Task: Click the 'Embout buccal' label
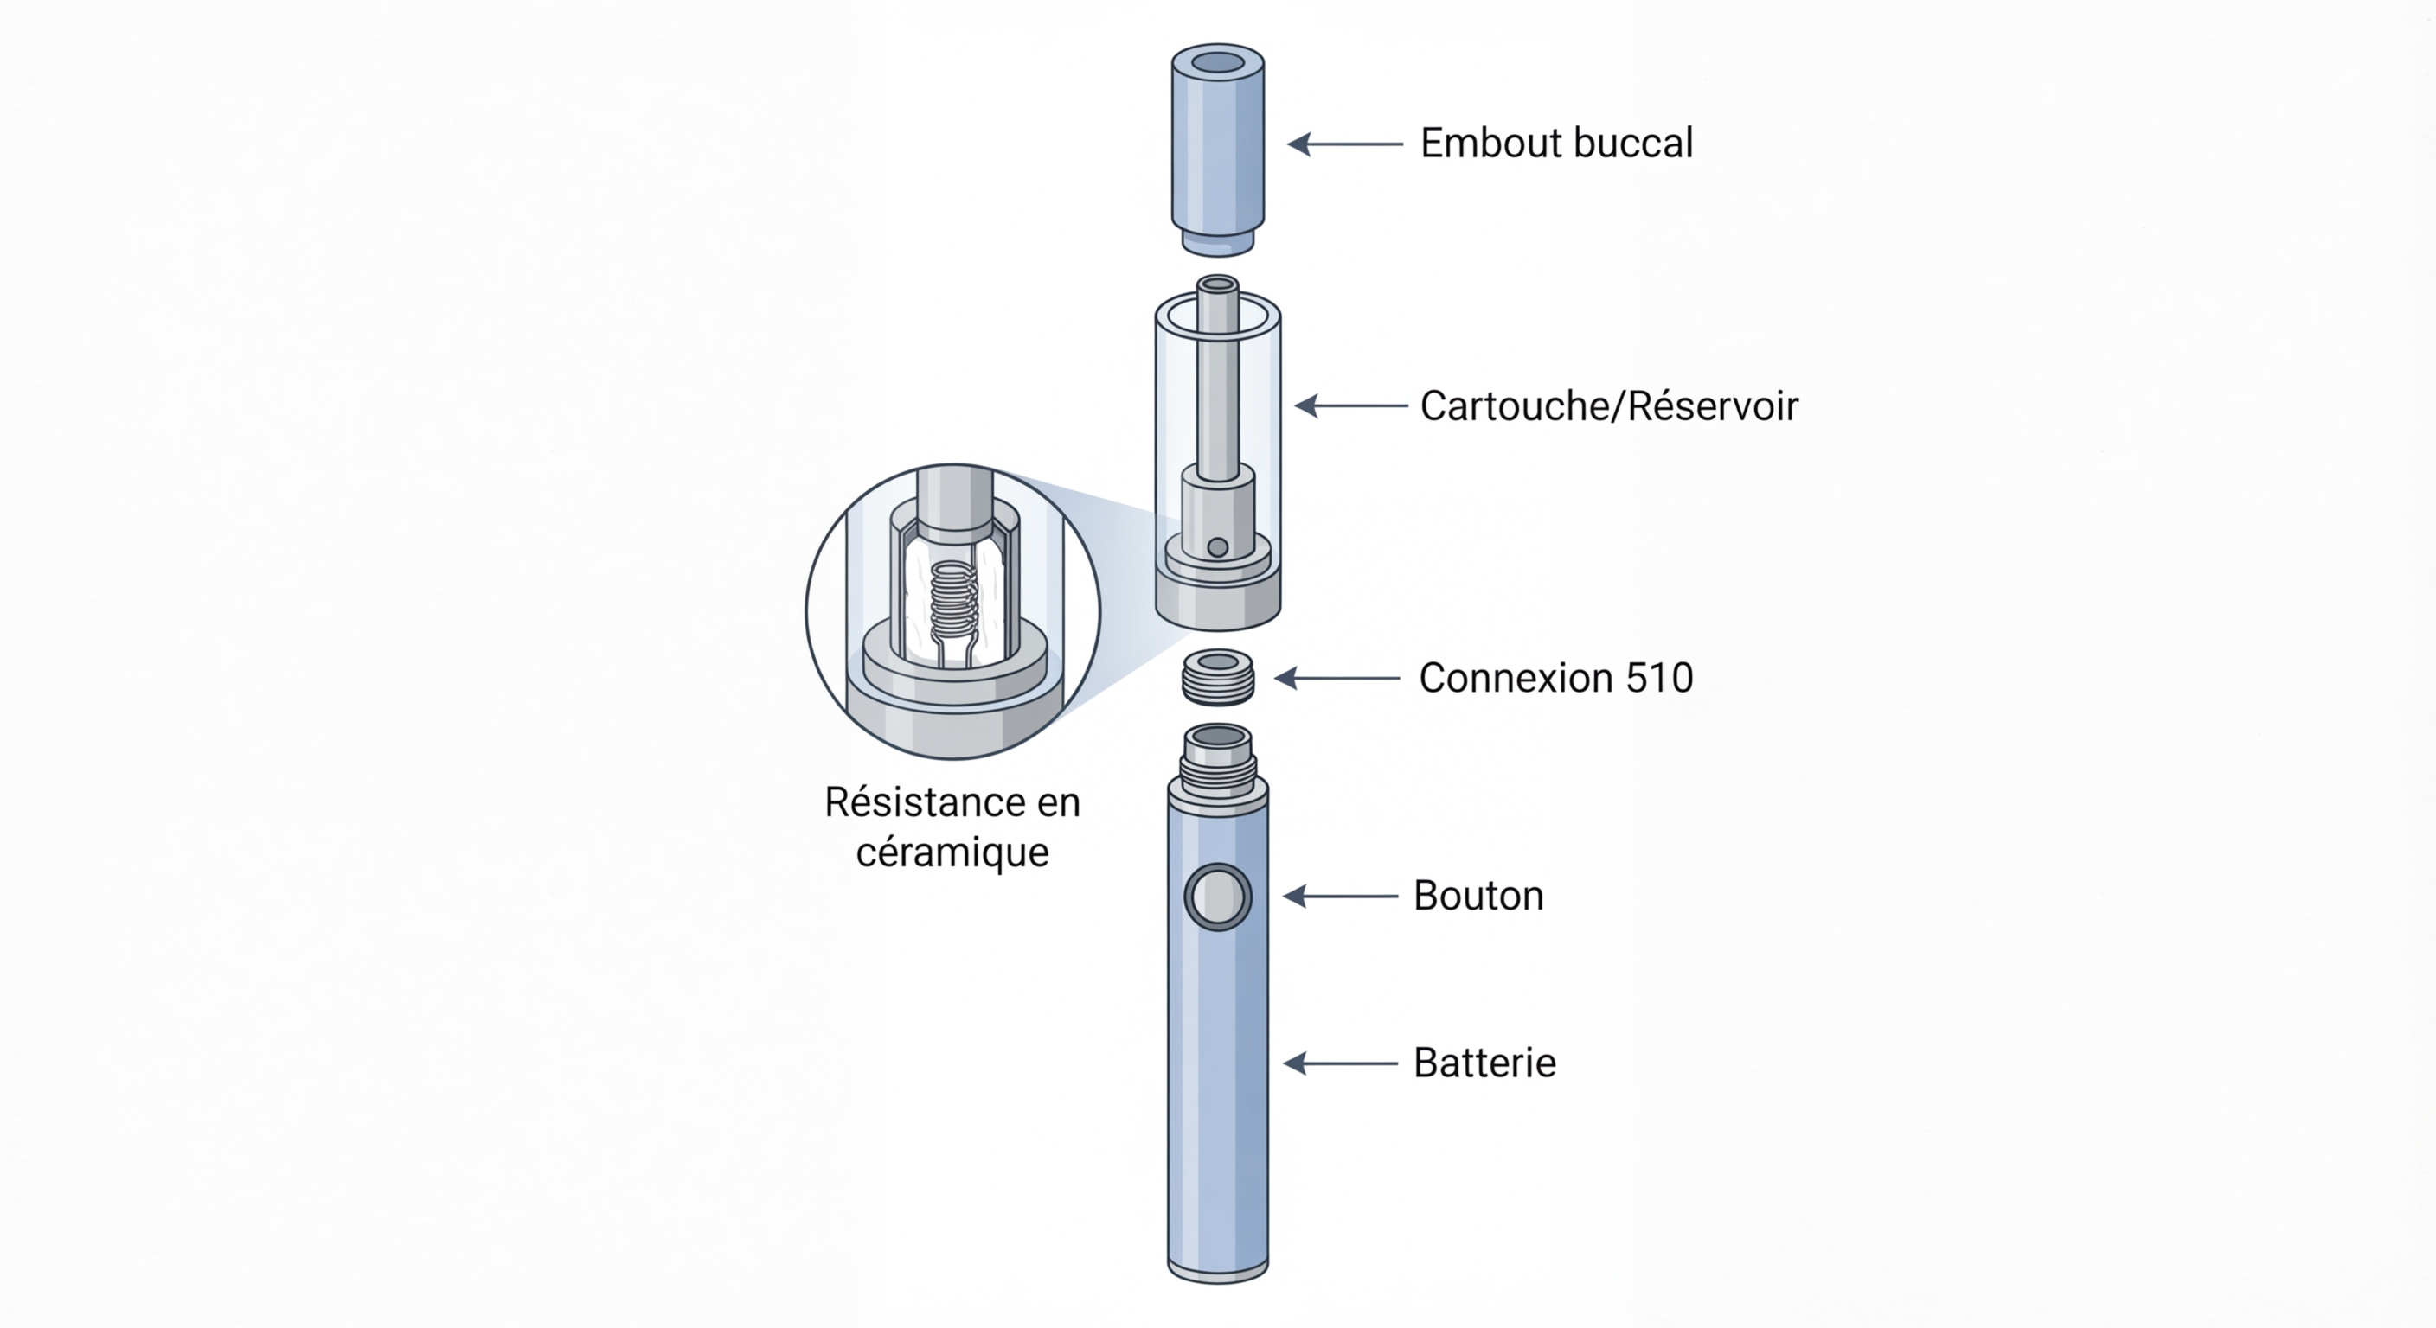pyautogui.click(x=1555, y=144)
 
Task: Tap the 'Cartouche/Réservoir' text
pyautogui.click(x=1608, y=406)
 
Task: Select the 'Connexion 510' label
pyautogui.click(x=1555, y=679)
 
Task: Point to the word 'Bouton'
pyautogui.click(x=1478, y=896)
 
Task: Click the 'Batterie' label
pyautogui.click(x=1484, y=1063)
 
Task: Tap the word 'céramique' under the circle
pyautogui.click(x=952, y=852)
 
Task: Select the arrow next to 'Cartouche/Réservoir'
pyautogui.click(x=1350, y=406)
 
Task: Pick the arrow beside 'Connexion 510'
pyautogui.click(x=1337, y=679)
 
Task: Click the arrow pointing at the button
pyautogui.click(x=1339, y=896)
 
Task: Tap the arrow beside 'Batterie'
pyautogui.click(x=1339, y=1063)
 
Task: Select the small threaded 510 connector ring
pyautogui.click(x=1218, y=677)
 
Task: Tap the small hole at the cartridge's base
pyautogui.click(x=1218, y=547)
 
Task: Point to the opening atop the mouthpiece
pyautogui.click(x=1218, y=63)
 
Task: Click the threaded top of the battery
pyautogui.click(x=1218, y=761)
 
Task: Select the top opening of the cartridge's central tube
pyautogui.click(x=1218, y=284)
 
